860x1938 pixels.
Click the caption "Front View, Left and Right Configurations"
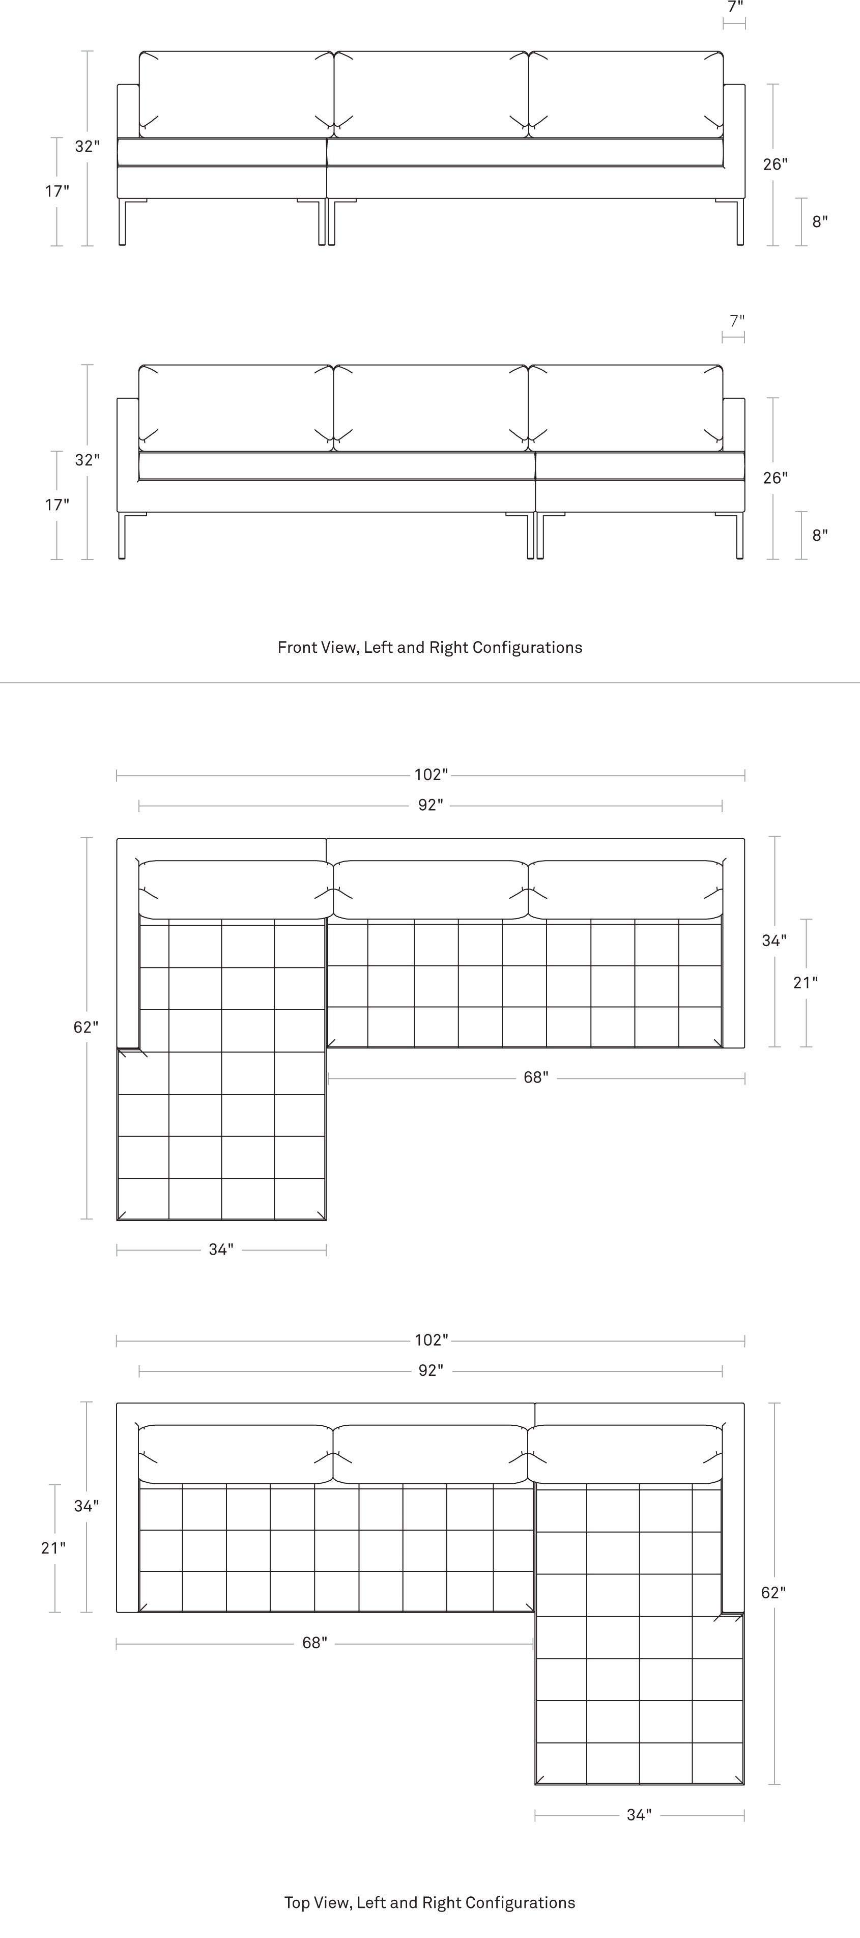(430, 647)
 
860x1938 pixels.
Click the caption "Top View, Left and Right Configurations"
(430, 1903)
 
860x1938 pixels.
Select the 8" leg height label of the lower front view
(819, 535)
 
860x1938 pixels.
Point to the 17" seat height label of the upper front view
(56, 191)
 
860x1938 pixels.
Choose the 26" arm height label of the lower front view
(775, 478)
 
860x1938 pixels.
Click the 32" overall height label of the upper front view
(87, 146)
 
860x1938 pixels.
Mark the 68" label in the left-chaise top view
(536, 1077)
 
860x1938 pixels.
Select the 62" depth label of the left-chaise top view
(85, 1027)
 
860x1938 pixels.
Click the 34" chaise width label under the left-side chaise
(221, 1250)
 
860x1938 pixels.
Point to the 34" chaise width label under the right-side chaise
(639, 1815)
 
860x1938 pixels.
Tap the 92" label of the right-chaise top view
(431, 1371)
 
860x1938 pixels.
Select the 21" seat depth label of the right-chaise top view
(53, 1547)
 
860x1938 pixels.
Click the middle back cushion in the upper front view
(431, 95)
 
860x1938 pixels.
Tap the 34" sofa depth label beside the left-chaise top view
(775, 940)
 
